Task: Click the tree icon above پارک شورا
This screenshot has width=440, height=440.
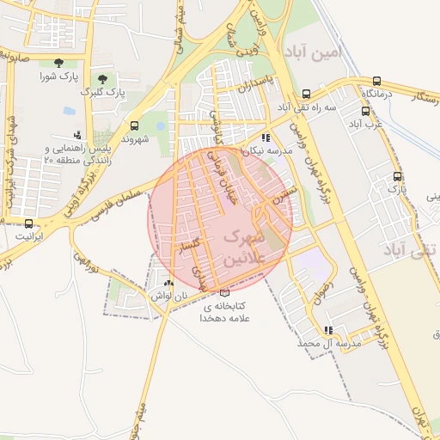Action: [x=58, y=63]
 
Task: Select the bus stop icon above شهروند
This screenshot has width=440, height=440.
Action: [x=133, y=125]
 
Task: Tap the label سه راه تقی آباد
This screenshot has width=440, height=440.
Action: [x=306, y=107]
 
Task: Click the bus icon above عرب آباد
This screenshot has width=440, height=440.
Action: [x=366, y=111]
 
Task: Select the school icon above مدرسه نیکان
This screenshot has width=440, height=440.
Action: [x=266, y=137]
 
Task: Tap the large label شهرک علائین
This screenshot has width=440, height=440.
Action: [x=246, y=246]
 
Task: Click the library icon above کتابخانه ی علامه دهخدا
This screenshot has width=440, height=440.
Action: [x=225, y=292]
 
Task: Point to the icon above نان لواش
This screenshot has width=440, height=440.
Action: [x=168, y=283]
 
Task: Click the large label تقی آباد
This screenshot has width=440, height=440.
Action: [x=409, y=251]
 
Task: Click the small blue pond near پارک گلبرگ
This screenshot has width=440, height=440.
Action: [x=69, y=111]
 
